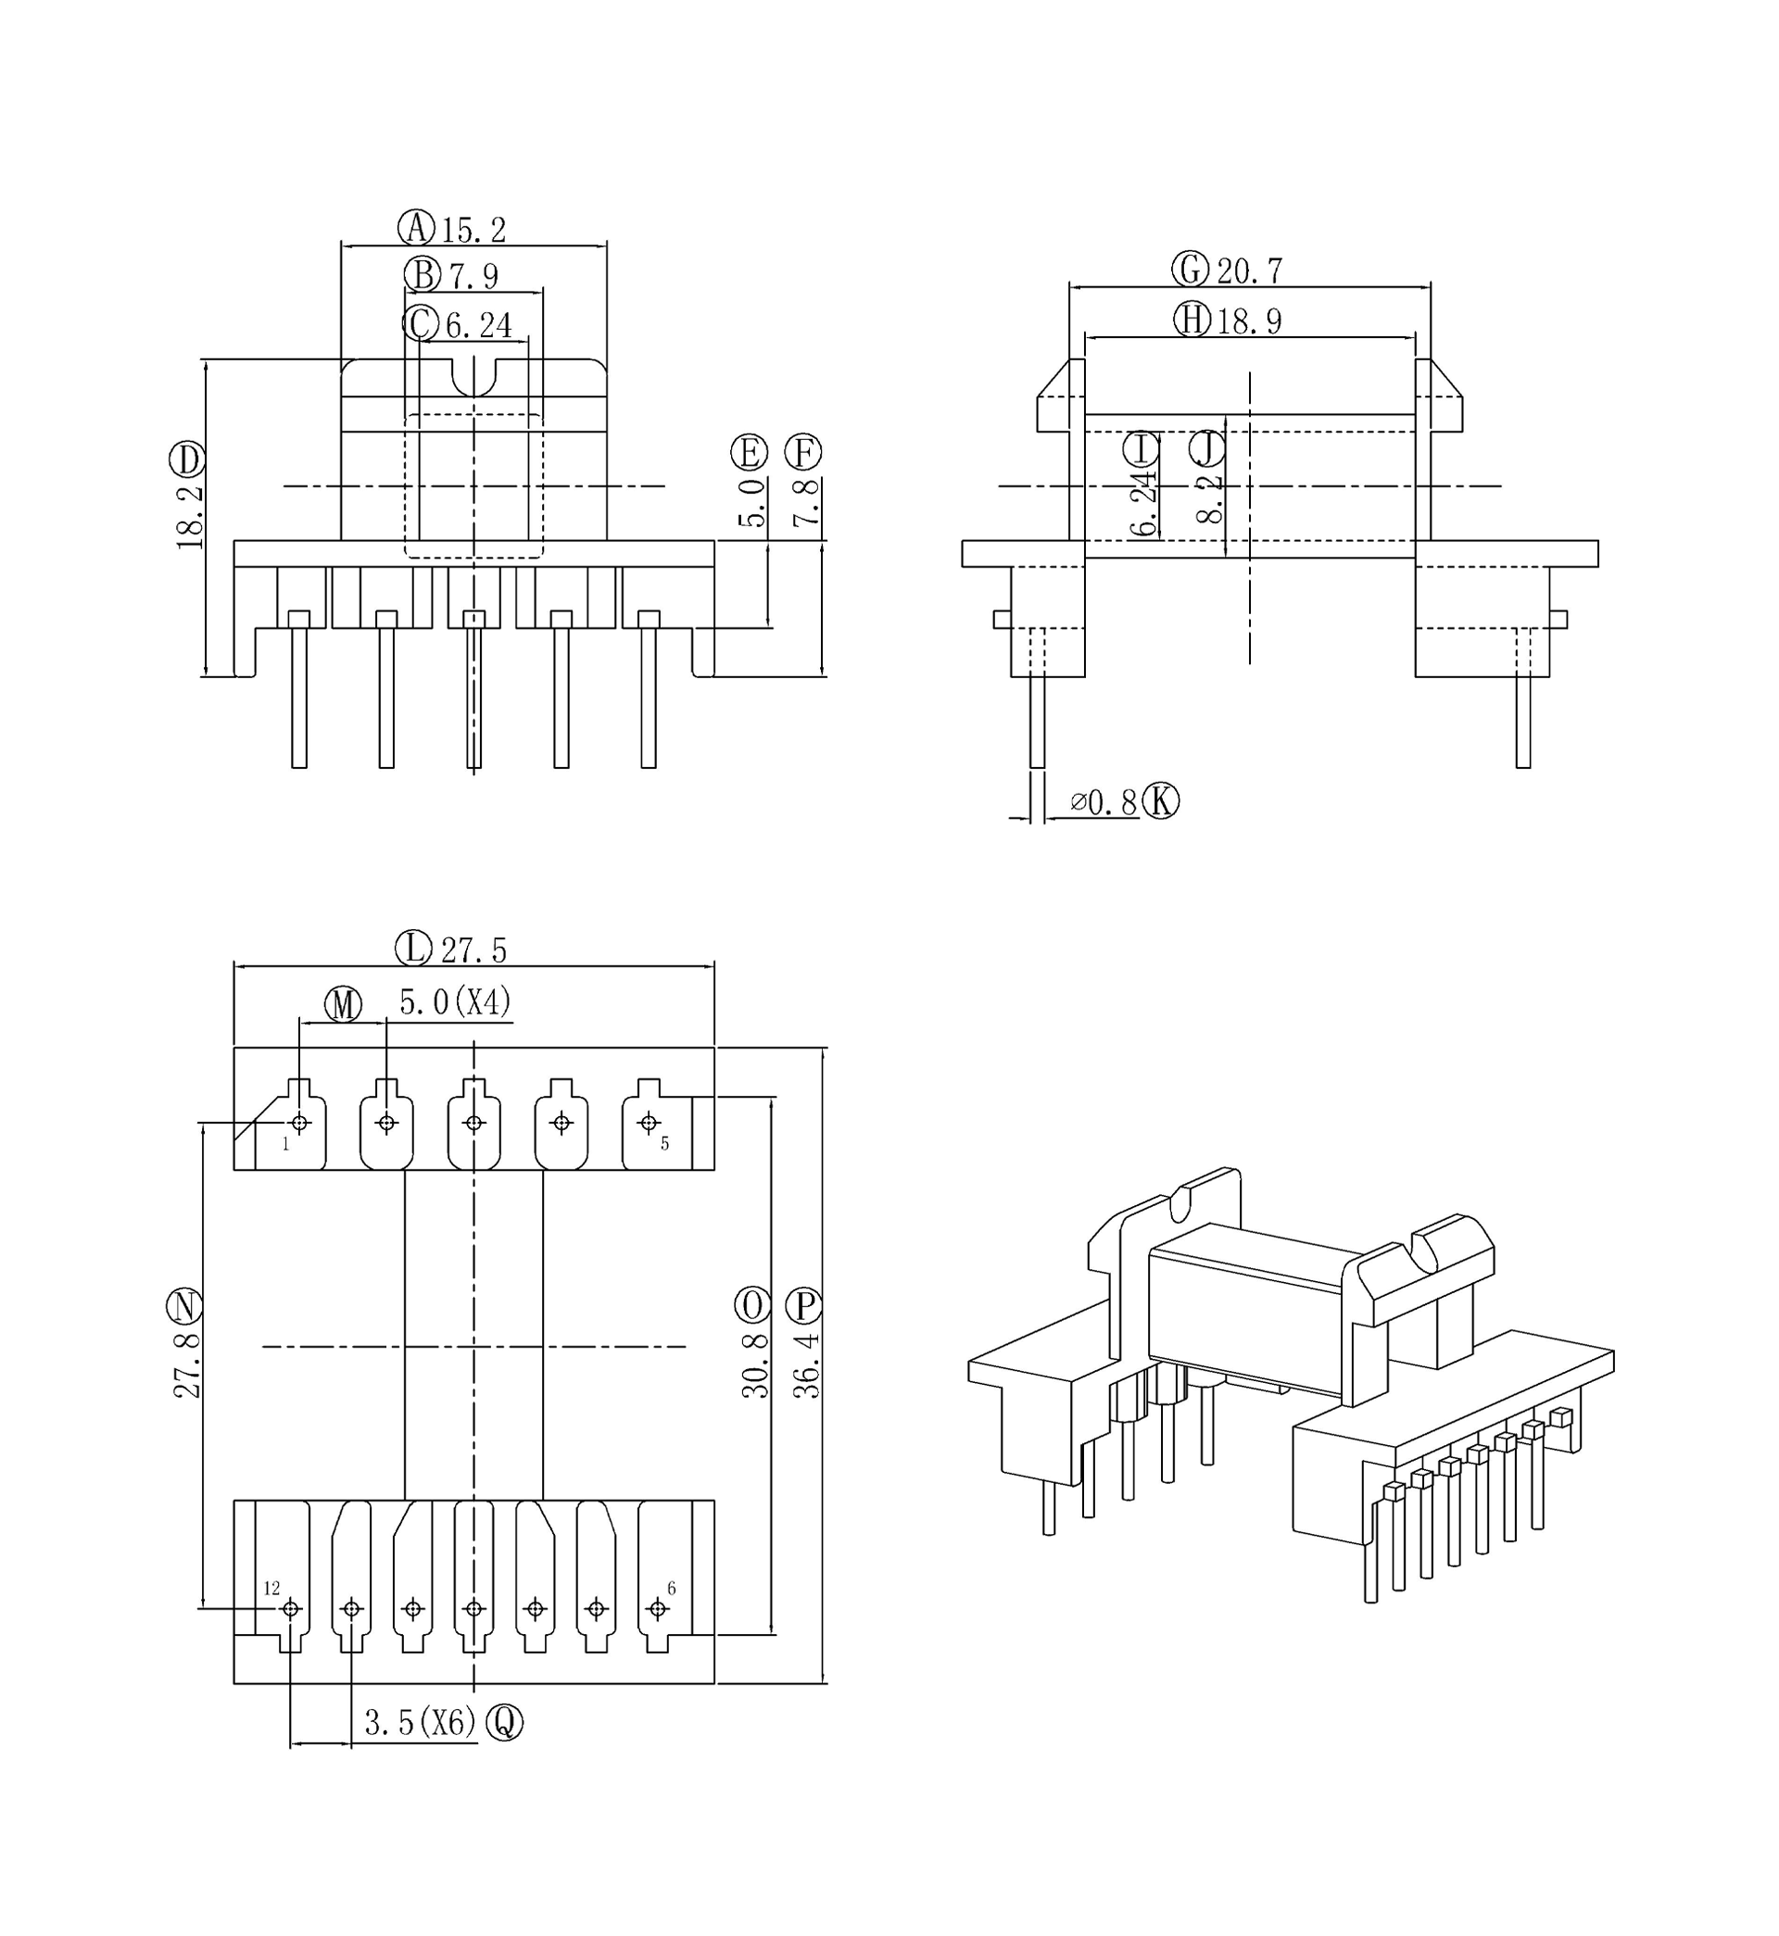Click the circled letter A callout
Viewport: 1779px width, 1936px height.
(x=417, y=228)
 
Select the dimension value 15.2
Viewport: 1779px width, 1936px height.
(x=473, y=231)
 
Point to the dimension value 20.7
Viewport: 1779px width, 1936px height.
(x=1250, y=271)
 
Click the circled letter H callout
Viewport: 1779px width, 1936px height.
(x=1192, y=319)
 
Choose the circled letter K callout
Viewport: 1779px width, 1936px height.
(x=1160, y=800)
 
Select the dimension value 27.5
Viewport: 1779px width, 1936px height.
(x=473, y=950)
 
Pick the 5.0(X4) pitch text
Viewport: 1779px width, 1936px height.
(x=455, y=1002)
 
